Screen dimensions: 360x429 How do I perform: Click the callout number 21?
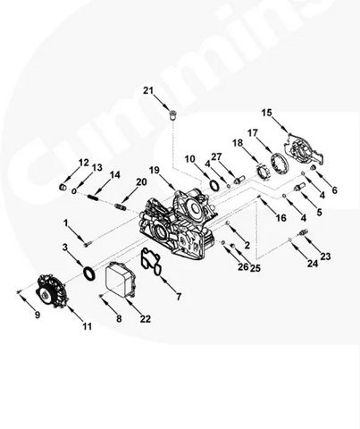(x=148, y=90)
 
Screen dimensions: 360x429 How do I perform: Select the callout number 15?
(x=267, y=113)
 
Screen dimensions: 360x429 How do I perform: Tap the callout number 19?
(x=155, y=171)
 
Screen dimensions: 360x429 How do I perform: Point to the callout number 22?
(x=146, y=319)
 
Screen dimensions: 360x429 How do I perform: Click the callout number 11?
(x=87, y=326)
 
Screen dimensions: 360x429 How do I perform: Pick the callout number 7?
(x=179, y=297)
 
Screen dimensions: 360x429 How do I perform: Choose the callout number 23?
(x=325, y=257)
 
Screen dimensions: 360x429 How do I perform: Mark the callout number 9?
(x=38, y=315)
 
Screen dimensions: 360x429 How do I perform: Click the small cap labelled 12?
(x=63, y=187)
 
